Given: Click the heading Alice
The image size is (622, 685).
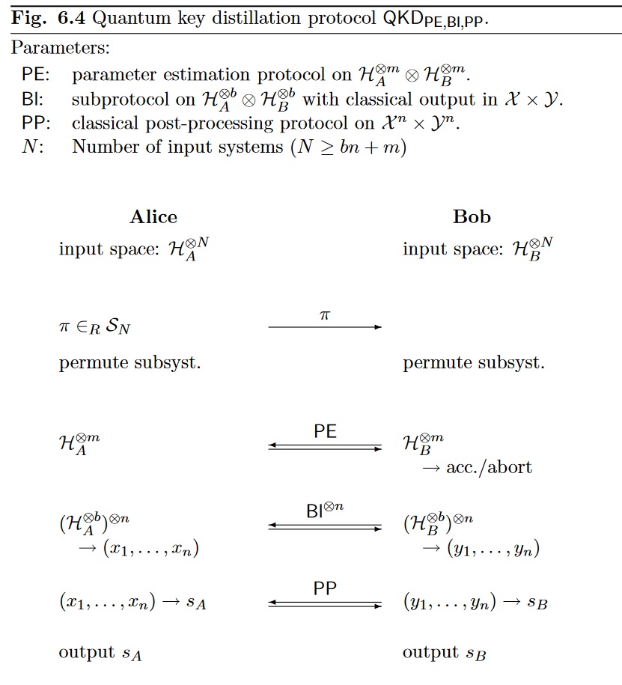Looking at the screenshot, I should point(153,217).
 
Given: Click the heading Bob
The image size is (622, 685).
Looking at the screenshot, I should point(472,217).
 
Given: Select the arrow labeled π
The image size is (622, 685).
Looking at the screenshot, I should point(325,327).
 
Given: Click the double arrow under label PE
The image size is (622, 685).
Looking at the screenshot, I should point(325,448).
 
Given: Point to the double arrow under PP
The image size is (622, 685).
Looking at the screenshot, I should point(325,603).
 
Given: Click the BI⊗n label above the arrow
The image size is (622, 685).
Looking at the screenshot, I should point(325,511).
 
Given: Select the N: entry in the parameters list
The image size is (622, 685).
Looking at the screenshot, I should point(32,147).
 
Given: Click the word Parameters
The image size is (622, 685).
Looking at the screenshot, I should point(60,49).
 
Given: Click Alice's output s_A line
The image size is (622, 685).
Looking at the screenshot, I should point(100,653).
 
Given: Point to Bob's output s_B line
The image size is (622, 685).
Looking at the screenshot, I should point(445,653).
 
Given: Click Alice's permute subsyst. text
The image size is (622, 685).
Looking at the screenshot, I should point(130,364).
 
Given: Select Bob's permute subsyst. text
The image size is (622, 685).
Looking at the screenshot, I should point(474,364).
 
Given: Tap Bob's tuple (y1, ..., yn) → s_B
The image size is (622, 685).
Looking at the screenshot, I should point(475,603).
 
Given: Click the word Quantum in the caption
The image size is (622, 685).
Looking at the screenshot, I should point(126,19).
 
